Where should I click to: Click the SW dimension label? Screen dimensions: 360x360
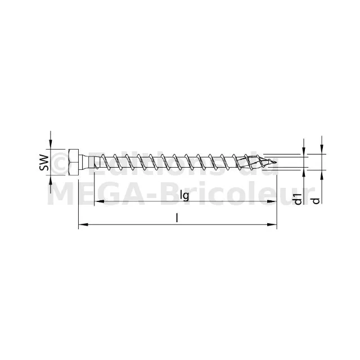44,163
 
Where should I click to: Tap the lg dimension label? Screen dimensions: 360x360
184,195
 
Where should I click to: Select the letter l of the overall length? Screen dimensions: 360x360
177,218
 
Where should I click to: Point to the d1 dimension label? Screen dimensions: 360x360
298,199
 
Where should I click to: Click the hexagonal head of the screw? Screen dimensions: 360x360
74,163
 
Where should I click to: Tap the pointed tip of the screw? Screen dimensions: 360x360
276,163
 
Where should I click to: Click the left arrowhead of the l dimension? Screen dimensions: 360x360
83,224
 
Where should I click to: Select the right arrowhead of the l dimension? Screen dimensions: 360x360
272,224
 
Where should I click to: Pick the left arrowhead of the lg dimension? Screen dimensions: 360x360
99,201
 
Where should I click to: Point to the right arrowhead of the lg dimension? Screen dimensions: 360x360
271,201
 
